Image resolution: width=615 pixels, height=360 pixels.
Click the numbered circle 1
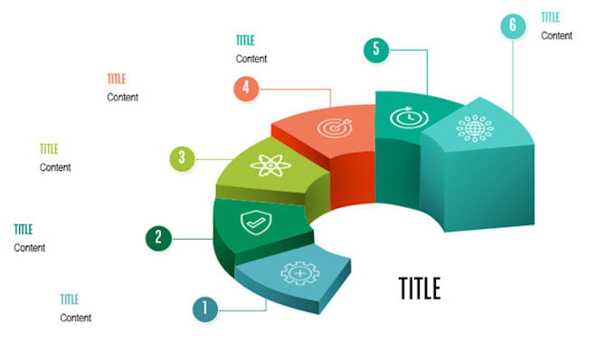[205, 309]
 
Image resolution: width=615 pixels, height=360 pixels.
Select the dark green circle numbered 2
[158, 238]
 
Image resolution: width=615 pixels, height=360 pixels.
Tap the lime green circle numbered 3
[182, 158]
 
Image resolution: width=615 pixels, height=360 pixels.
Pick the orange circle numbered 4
[246, 89]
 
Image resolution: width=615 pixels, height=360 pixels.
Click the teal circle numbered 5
[376, 50]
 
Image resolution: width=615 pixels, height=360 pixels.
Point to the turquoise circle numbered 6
[513, 25]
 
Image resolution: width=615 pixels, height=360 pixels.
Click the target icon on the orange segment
[331, 128]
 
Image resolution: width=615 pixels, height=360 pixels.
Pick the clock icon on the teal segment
[404, 117]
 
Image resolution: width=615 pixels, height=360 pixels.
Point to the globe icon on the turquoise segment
[474, 128]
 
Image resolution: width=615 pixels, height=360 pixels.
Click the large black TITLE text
[420, 288]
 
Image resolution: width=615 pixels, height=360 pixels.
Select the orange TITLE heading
[117, 79]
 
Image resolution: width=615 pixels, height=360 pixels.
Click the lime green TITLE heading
[49, 149]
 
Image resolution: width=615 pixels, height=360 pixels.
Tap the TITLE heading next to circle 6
[551, 17]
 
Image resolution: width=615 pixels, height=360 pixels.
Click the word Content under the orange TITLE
[123, 97]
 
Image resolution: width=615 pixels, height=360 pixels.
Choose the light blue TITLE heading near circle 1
[70, 299]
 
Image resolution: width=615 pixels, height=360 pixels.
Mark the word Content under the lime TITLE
[55, 167]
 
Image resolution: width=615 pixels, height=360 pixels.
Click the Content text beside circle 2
[30, 248]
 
